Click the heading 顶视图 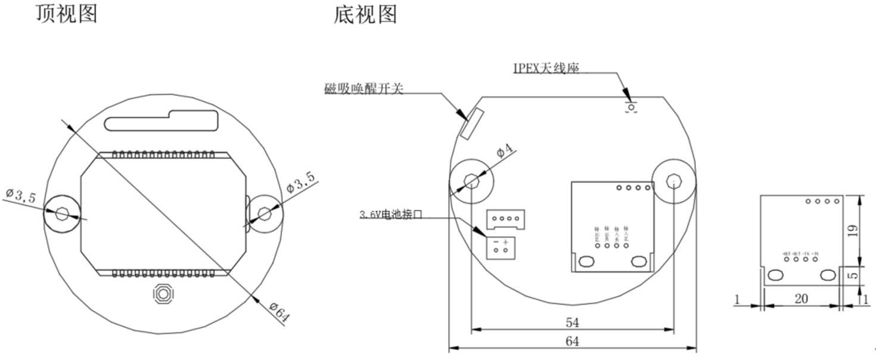tap(66, 13)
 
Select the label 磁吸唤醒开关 tap(364, 89)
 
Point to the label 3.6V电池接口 tap(390, 215)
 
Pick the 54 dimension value tap(572, 322)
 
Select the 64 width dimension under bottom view tap(572, 342)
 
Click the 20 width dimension tap(801, 299)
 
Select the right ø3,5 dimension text tap(301, 181)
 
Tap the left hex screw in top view tap(62, 214)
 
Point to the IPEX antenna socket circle tap(630, 107)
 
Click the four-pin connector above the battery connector tap(505, 219)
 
